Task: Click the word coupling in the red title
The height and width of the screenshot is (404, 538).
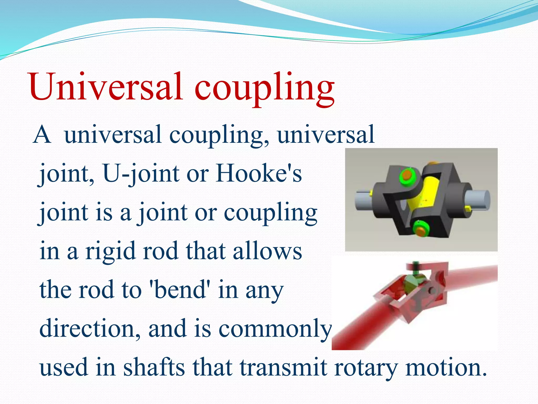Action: (x=264, y=88)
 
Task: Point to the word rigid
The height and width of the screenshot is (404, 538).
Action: (x=110, y=251)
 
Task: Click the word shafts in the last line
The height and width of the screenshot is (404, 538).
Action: (x=154, y=367)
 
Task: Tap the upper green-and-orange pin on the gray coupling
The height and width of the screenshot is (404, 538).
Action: (x=407, y=175)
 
